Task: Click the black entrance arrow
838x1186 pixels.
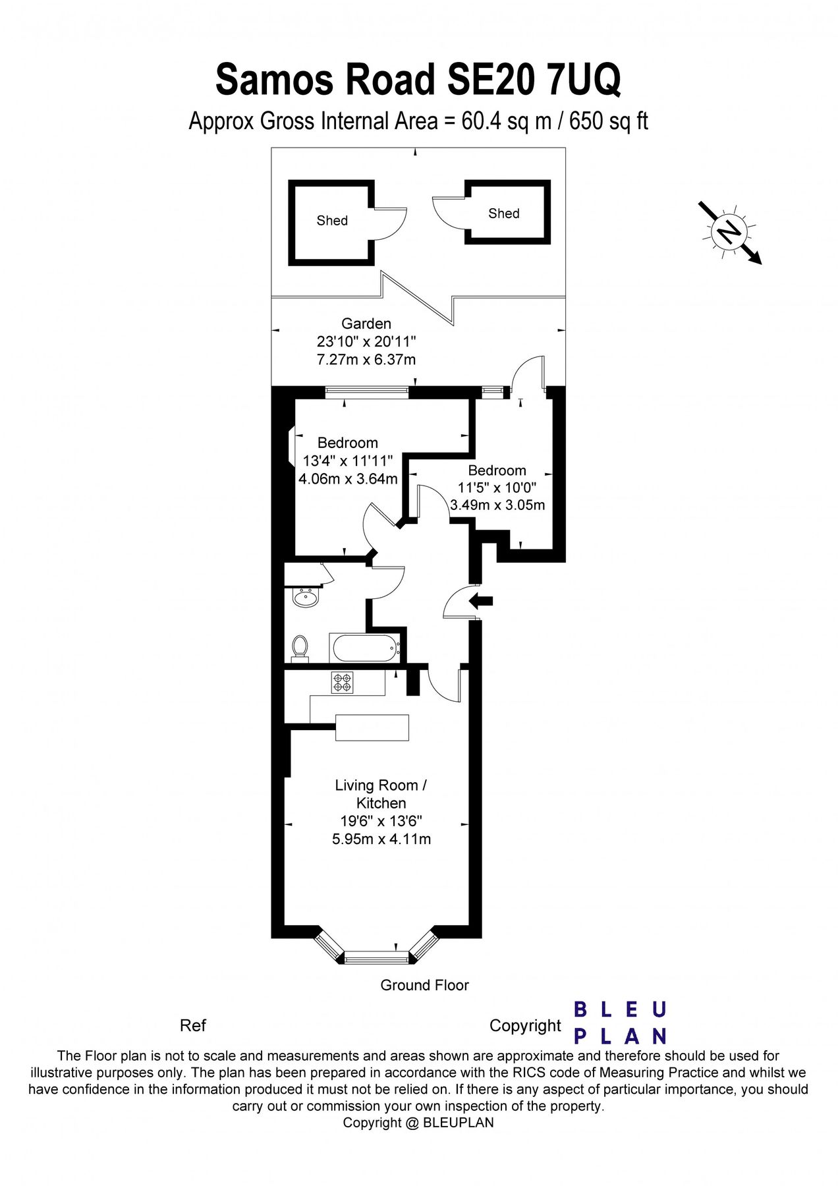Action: click(x=482, y=600)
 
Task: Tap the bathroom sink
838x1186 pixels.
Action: click(x=305, y=598)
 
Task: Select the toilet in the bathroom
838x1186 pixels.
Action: click(x=300, y=646)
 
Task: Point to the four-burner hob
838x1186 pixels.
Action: click(x=342, y=682)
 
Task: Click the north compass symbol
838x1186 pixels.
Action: click(x=729, y=232)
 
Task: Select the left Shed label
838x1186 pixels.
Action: click(x=332, y=221)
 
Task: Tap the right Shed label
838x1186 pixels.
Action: click(x=504, y=213)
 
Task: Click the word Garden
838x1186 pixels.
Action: click(x=366, y=324)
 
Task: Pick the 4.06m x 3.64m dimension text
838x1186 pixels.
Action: click(x=348, y=479)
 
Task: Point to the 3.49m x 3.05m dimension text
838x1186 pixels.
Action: click(x=497, y=505)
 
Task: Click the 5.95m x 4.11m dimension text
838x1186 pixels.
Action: click(x=381, y=839)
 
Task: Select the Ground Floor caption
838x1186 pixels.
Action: click(x=424, y=985)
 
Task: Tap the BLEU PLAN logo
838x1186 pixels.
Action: click(x=620, y=1023)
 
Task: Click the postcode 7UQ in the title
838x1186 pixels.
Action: click(x=582, y=80)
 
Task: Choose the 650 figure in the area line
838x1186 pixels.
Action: click(x=584, y=121)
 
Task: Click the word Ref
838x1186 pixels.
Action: click(x=192, y=1025)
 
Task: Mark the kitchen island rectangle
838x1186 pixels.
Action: click(x=372, y=727)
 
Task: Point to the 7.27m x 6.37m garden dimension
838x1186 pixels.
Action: click(x=366, y=360)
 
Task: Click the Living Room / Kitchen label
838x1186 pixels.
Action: click(x=381, y=794)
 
